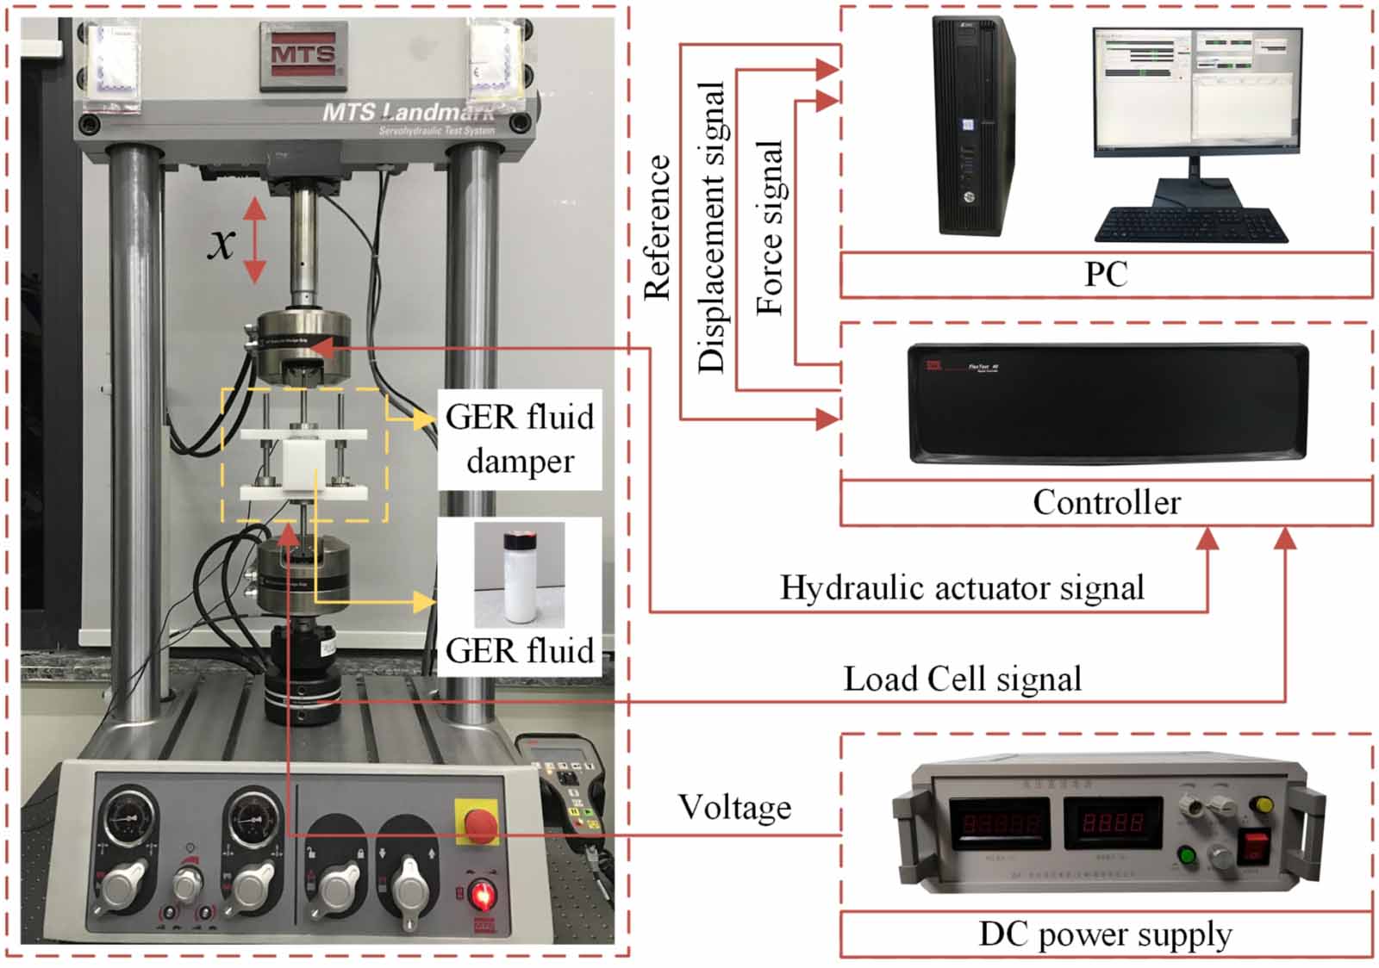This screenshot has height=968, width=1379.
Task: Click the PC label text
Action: [x=1106, y=275]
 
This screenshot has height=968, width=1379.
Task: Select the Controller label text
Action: [x=1107, y=502]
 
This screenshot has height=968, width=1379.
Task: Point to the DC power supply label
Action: [x=1105, y=934]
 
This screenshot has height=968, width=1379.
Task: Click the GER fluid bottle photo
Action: [x=520, y=575]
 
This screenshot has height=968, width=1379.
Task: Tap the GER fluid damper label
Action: [x=520, y=439]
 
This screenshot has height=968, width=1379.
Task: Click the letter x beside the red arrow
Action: [x=222, y=242]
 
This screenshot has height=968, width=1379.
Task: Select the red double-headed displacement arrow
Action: [x=254, y=240]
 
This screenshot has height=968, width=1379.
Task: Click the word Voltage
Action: [x=734, y=807]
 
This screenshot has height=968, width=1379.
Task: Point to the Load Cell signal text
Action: [x=962, y=679]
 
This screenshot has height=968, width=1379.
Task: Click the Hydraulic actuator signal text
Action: [x=962, y=587]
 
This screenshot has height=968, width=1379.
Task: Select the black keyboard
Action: [x=1191, y=226]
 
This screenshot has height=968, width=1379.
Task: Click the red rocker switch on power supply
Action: [x=1254, y=846]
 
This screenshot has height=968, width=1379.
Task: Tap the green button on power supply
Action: [x=1187, y=856]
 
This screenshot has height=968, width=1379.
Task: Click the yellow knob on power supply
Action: [x=1264, y=804]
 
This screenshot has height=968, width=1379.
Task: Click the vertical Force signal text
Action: [x=770, y=228]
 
